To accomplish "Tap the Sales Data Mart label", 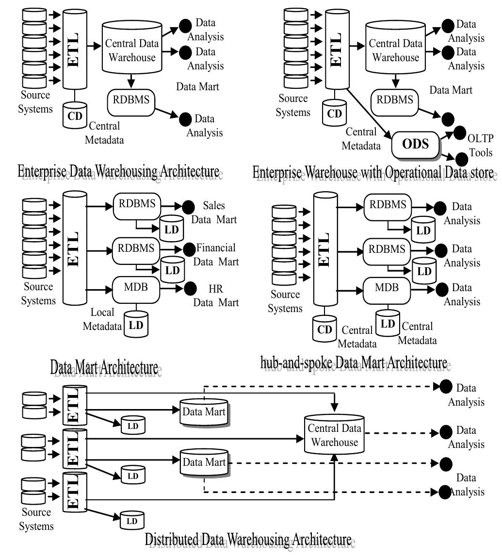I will click(x=214, y=213).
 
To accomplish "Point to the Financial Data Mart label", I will click(x=216, y=255).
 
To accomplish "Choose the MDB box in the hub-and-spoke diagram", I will click(x=387, y=288).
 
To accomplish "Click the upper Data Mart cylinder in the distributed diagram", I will click(x=204, y=412).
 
